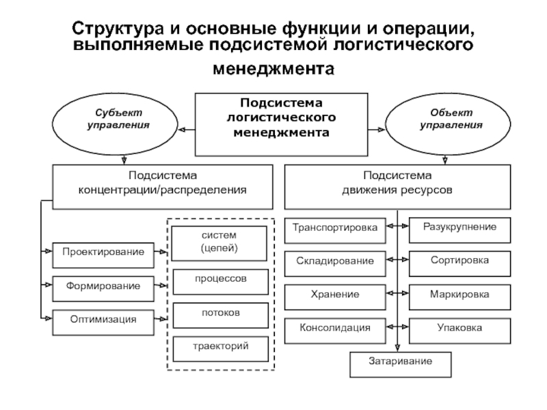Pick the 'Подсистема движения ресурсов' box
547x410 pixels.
pos(397,186)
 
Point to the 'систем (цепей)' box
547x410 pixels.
pos(219,243)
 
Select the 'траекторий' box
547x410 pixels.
pos(219,348)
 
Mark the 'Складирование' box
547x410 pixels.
pos(335,262)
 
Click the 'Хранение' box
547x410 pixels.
pos(335,295)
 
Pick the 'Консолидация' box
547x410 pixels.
pos(335,329)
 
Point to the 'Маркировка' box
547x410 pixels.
pos(459,295)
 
